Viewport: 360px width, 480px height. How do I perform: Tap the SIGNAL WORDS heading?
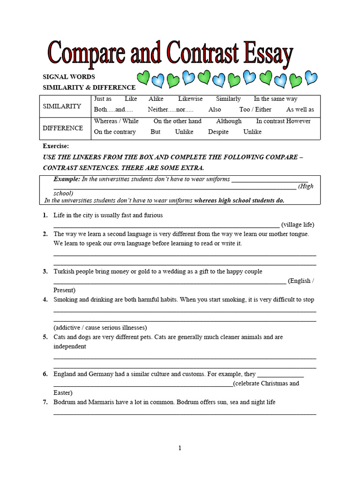[69, 76]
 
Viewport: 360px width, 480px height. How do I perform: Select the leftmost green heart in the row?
[144, 78]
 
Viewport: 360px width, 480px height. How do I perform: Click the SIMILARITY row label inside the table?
[62, 106]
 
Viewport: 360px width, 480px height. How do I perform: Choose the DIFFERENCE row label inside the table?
[63, 128]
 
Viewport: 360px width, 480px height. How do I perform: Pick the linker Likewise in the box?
[190, 99]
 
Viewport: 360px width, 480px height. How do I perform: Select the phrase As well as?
[300, 110]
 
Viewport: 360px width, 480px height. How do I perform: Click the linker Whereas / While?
[116, 121]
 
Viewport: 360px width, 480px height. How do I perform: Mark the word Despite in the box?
[218, 132]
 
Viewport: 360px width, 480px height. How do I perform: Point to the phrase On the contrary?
[115, 132]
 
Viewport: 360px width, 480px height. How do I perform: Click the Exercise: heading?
[56, 146]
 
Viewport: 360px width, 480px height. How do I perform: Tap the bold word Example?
[67, 180]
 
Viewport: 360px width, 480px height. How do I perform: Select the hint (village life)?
[298, 224]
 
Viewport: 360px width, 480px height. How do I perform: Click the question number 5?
[45, 337]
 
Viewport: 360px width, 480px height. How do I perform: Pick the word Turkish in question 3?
[64, 271]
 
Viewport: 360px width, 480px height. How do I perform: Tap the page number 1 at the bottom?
[180, 448]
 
